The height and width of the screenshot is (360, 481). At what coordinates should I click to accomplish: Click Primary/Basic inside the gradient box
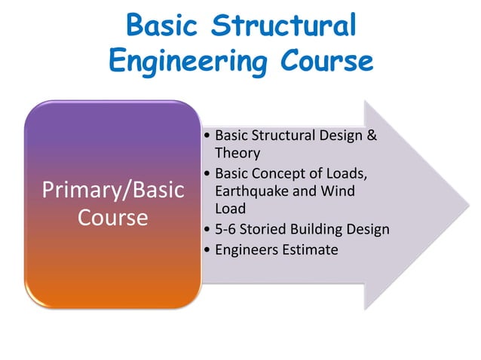pos(113,190)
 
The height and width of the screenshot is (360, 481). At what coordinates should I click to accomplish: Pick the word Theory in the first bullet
pos(237,153)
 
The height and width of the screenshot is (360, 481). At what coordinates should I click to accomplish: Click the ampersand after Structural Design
pos(371,136)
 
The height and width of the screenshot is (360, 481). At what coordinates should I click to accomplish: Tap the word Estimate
pos(309,249)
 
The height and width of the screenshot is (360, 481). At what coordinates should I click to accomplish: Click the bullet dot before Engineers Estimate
pos(207,250)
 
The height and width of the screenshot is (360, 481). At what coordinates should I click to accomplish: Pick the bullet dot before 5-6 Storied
pos(207,230)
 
